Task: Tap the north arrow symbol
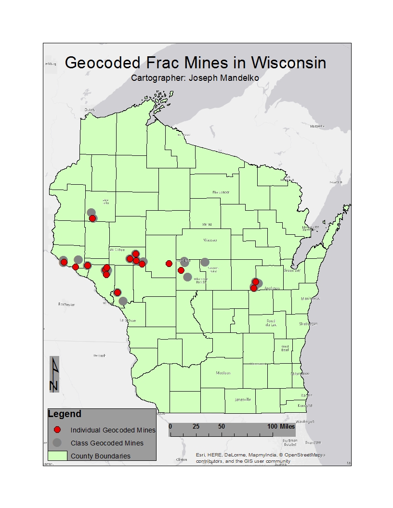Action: (x=54, y=374)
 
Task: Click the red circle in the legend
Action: (x=57, y=430)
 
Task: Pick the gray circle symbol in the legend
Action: (x=57, y=443)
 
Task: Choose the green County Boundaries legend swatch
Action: (x=57, y=456)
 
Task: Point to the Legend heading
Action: (x=65, y=414)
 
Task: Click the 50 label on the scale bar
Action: (x=221, y=427)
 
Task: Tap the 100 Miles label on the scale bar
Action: (x=282, y=427)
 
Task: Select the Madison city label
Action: (x=223, y=373)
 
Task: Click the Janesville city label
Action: (x=243, y=399)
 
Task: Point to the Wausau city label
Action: (x=210, y=240)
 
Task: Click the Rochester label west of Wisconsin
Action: (x=67, y=305)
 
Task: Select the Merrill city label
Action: (x=207, y=225)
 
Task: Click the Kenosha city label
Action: (x=305, y=406)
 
